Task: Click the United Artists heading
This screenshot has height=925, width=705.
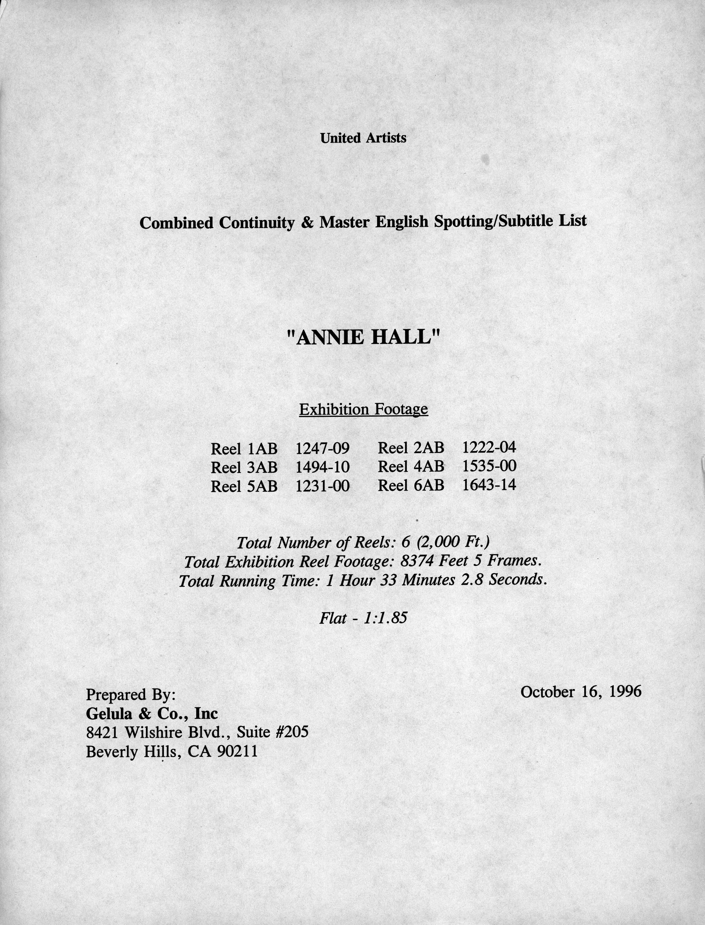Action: tap(363, 138)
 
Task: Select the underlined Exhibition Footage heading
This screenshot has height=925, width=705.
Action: tap(363, 409)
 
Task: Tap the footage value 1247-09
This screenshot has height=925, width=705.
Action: tap(322, 449)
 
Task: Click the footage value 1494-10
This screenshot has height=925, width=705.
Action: tap(322, 467)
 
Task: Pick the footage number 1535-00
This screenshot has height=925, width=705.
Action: tap(489, 466)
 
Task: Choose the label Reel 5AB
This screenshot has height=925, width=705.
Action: tap(244, 486)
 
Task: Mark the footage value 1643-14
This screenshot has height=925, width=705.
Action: tap(489, 485)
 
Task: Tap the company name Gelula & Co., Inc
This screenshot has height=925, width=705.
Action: tap(152, 713)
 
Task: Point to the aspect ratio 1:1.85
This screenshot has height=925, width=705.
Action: tap(386, 618)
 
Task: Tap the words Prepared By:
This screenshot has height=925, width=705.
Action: tap(130, 694)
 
